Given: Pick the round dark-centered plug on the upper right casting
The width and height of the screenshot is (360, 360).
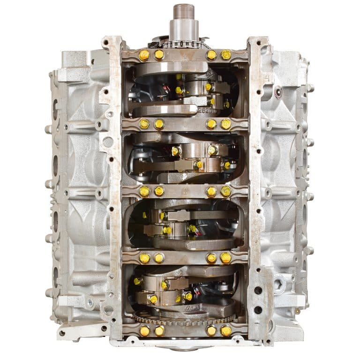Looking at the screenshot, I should tap(278, 92).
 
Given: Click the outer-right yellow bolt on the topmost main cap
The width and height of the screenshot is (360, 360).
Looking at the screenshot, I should tap(226, 55).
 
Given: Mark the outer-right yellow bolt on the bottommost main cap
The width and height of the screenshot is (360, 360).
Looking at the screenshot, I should tap(226, 330).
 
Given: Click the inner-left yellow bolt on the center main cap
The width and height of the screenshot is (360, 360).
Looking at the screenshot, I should tap(159, 191).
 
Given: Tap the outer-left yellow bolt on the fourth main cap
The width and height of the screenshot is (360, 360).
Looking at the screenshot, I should tap(144, 258).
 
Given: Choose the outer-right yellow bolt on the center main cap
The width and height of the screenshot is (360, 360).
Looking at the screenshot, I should tap(226, 191).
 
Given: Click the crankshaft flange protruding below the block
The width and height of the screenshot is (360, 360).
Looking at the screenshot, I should tap(184, 350).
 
